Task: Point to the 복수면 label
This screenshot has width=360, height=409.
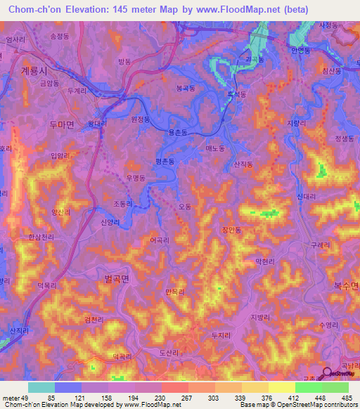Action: click(x=345, y=285)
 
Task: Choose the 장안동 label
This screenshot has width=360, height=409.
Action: click(x=231, y=229)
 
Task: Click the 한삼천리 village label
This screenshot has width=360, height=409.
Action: click(x=41, y=238)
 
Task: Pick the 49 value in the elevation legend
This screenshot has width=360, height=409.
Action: click(x=27, y=398)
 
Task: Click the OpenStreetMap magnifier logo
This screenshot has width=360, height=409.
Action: click(x=327, y=374)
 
